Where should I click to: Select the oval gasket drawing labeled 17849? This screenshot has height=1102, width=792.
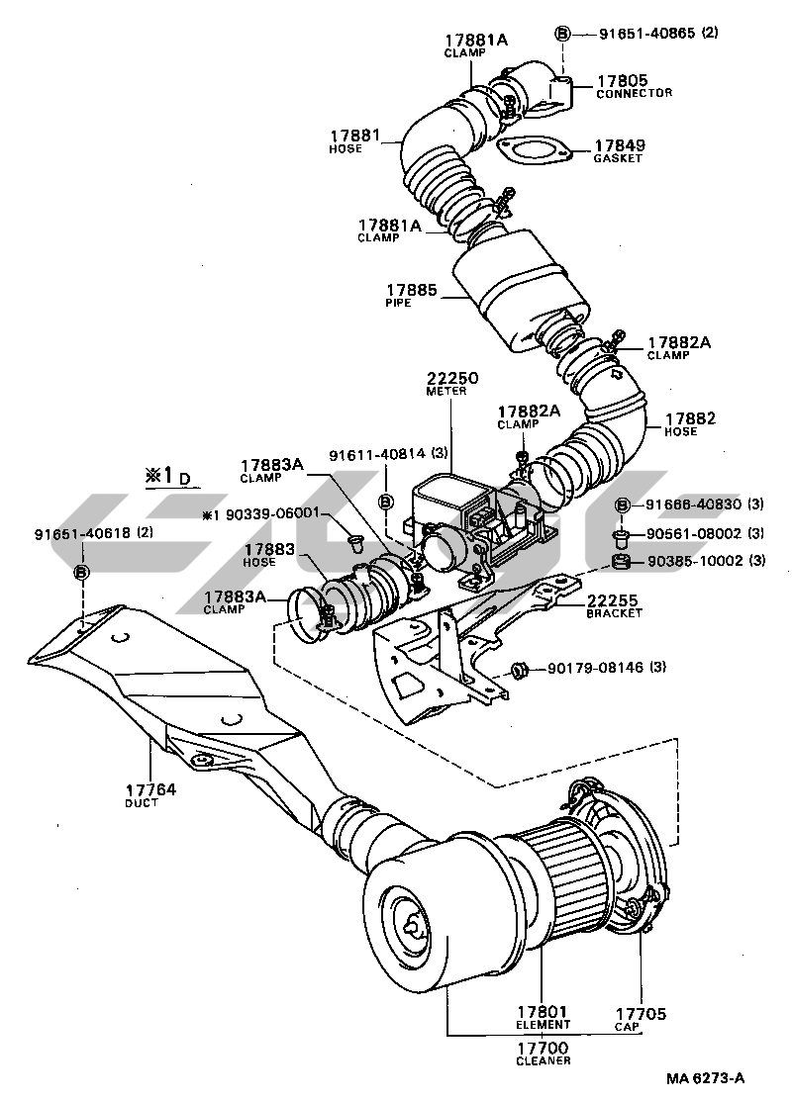click(x=535, y=151)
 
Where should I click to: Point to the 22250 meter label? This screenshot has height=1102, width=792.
click(x=452, y=377)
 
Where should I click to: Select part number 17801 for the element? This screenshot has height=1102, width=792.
click(x=543, y=1012)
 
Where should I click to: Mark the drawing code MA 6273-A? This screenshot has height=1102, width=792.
click(x=705, y=1078)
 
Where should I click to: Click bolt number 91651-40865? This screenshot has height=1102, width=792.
click(x=647, y=33)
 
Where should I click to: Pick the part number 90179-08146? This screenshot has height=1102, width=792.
click(x=591, y=669)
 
